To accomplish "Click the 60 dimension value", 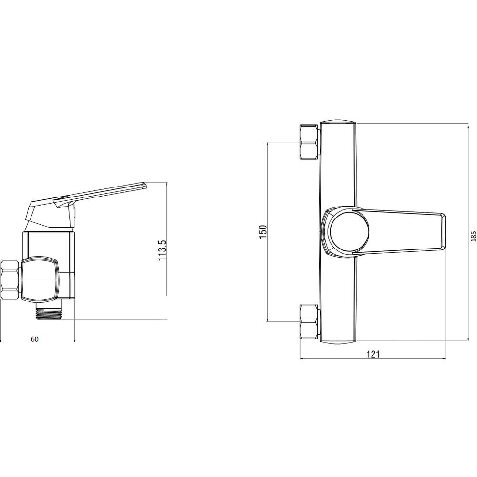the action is (35, 339).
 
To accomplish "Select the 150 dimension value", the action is (263, 231).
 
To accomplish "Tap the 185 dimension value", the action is (473, 228).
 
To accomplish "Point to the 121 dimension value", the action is (373, 354).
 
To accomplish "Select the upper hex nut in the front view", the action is (309, 142).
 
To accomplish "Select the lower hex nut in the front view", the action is (309, 321).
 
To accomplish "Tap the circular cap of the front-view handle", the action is (350, 231).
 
